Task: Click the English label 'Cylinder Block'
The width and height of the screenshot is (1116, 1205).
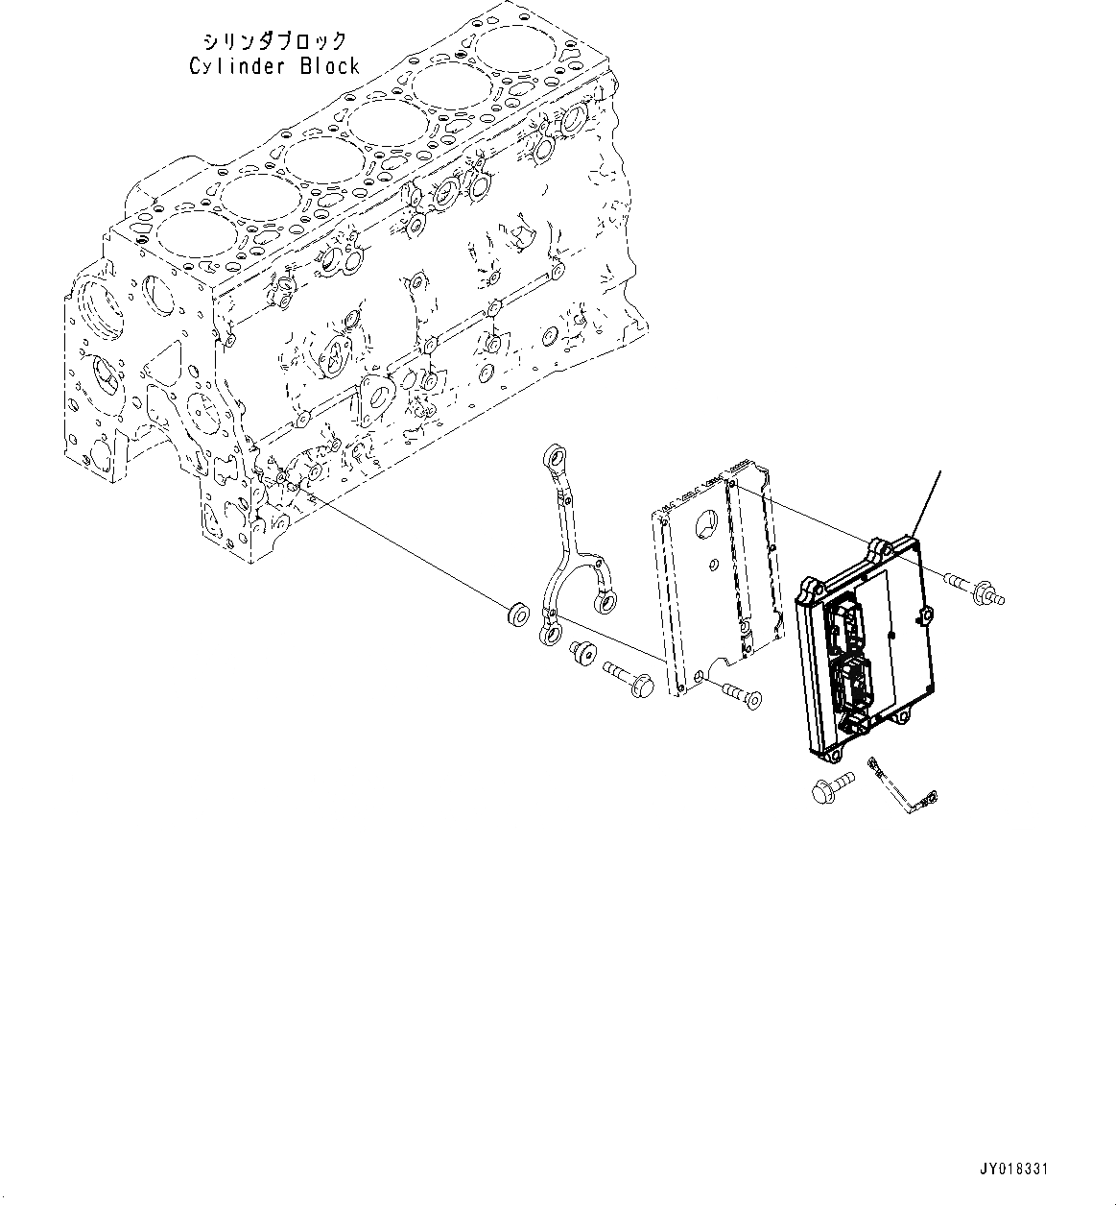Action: [273, 66]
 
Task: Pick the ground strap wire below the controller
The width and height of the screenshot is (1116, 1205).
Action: [902, 787]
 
